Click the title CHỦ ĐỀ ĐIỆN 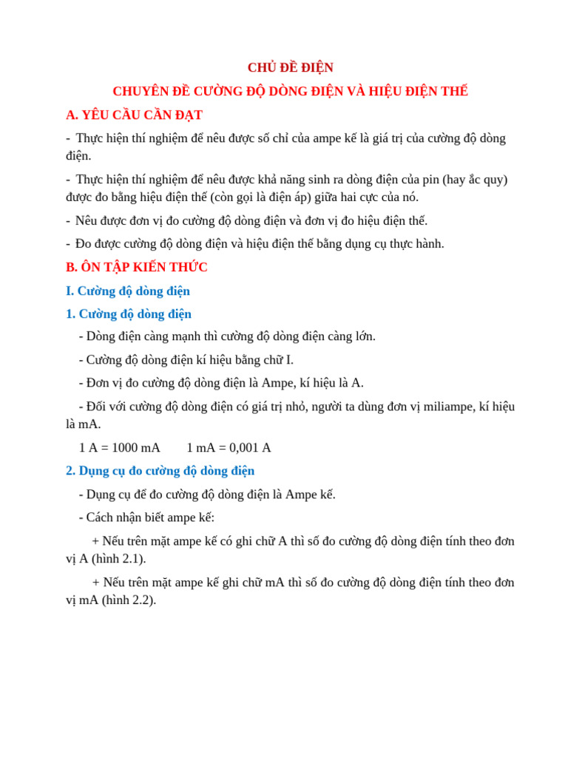point(290,67)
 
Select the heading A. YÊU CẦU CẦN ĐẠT point(134,115)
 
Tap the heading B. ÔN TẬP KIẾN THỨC point(137,267)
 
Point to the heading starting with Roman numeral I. point(128,291)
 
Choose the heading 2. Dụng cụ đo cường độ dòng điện point(160,470)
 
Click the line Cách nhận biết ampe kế point(146,517)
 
